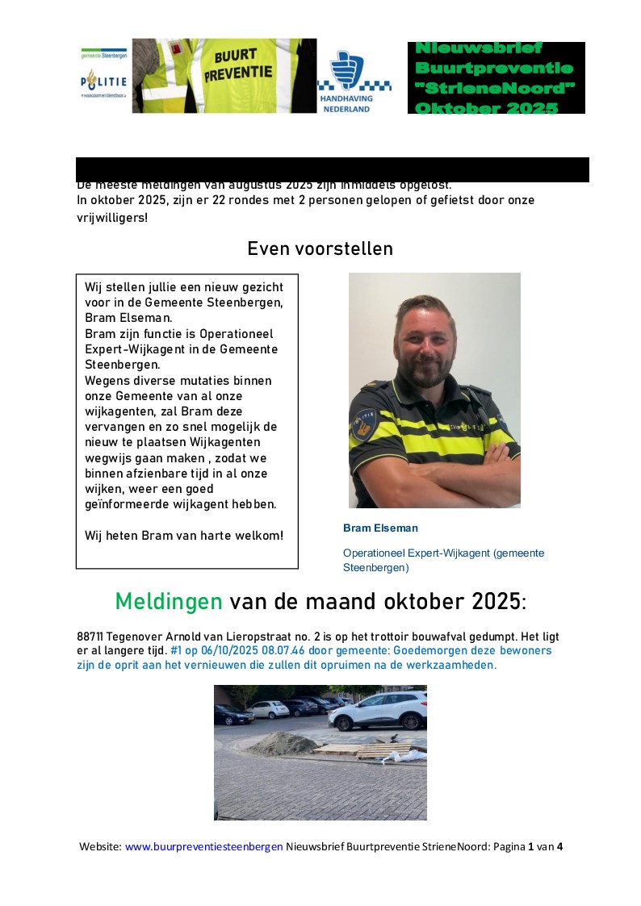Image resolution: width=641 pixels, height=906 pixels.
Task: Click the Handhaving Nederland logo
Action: pos(354,81)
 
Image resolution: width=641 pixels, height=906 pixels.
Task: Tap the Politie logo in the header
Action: pos(104,82)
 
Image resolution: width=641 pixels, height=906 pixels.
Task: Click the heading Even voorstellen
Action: pos(320,248)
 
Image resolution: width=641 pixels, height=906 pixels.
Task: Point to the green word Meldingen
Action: pos(169,601)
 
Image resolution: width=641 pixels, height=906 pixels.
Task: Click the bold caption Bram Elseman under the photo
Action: pos(380,528)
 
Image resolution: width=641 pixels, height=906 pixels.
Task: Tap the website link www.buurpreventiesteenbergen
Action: pos(203,846)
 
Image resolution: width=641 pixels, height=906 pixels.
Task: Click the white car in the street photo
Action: pos(378,710)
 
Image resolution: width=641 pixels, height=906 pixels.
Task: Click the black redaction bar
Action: pos(332,169)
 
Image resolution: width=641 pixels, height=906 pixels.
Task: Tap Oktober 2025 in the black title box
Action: pos(486,107)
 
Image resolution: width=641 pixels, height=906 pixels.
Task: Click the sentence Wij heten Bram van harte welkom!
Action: pos(183,535)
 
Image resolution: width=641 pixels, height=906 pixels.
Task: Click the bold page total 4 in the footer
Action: pos(559,846)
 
